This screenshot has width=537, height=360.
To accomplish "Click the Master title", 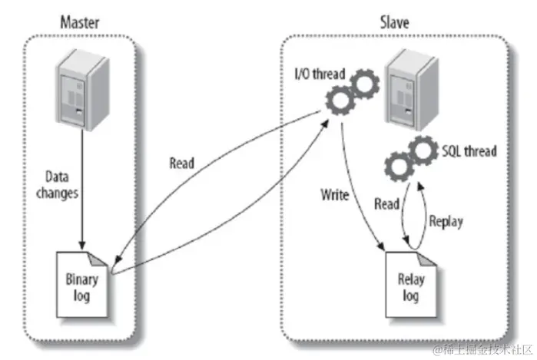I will click(x=81, y=20).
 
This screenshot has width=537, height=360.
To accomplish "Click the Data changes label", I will click(x=57, y=184).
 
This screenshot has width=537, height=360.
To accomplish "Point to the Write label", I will click(x=335, y=195).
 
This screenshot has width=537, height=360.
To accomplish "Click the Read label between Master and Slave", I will click(x=181, y=162).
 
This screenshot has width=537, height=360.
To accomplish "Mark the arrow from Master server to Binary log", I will click(x=79, y=192).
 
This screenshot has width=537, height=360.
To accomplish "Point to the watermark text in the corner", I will click(x=479, y=348).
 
